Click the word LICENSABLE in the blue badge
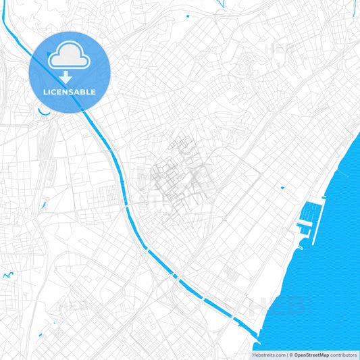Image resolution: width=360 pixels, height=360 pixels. pos(69,92)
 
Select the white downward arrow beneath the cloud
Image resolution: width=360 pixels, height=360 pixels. pos(66,77)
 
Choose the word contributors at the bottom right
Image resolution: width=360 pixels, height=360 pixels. pos(343,355)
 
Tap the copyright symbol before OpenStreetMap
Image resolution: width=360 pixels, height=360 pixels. pos(290,355)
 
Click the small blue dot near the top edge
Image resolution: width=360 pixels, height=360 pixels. pos(187,15)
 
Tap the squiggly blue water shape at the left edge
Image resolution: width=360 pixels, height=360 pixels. pos(8,275)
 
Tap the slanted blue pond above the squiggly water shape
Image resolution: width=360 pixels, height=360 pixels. pos(43,202)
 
